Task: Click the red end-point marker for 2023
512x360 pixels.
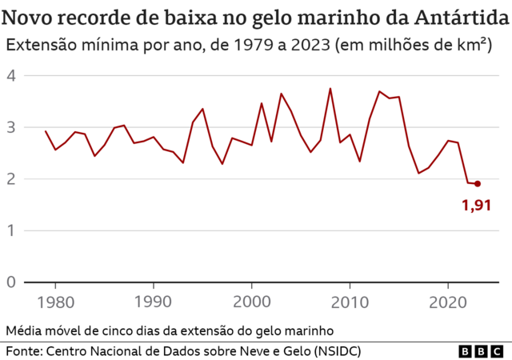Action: point(478,183)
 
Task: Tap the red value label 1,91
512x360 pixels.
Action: point(476,206)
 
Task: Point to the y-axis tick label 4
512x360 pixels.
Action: point(11,76)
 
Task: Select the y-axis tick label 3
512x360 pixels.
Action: point(11,127)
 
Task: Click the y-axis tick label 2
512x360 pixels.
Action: point(11,179)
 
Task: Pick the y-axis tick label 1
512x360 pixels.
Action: point(11,230)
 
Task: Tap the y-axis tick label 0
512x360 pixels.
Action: point(11,282)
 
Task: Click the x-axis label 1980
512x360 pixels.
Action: point(55,303)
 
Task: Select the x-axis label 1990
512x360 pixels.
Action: point(153,303)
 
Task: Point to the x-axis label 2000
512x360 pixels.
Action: point(251,303)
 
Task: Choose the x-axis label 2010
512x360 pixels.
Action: point(350,303)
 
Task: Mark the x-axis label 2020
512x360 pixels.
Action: point(448,303)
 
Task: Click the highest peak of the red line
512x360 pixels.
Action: point(330,89)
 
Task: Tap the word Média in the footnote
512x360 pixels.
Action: point(24,330)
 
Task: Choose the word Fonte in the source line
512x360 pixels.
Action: point(24,351)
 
